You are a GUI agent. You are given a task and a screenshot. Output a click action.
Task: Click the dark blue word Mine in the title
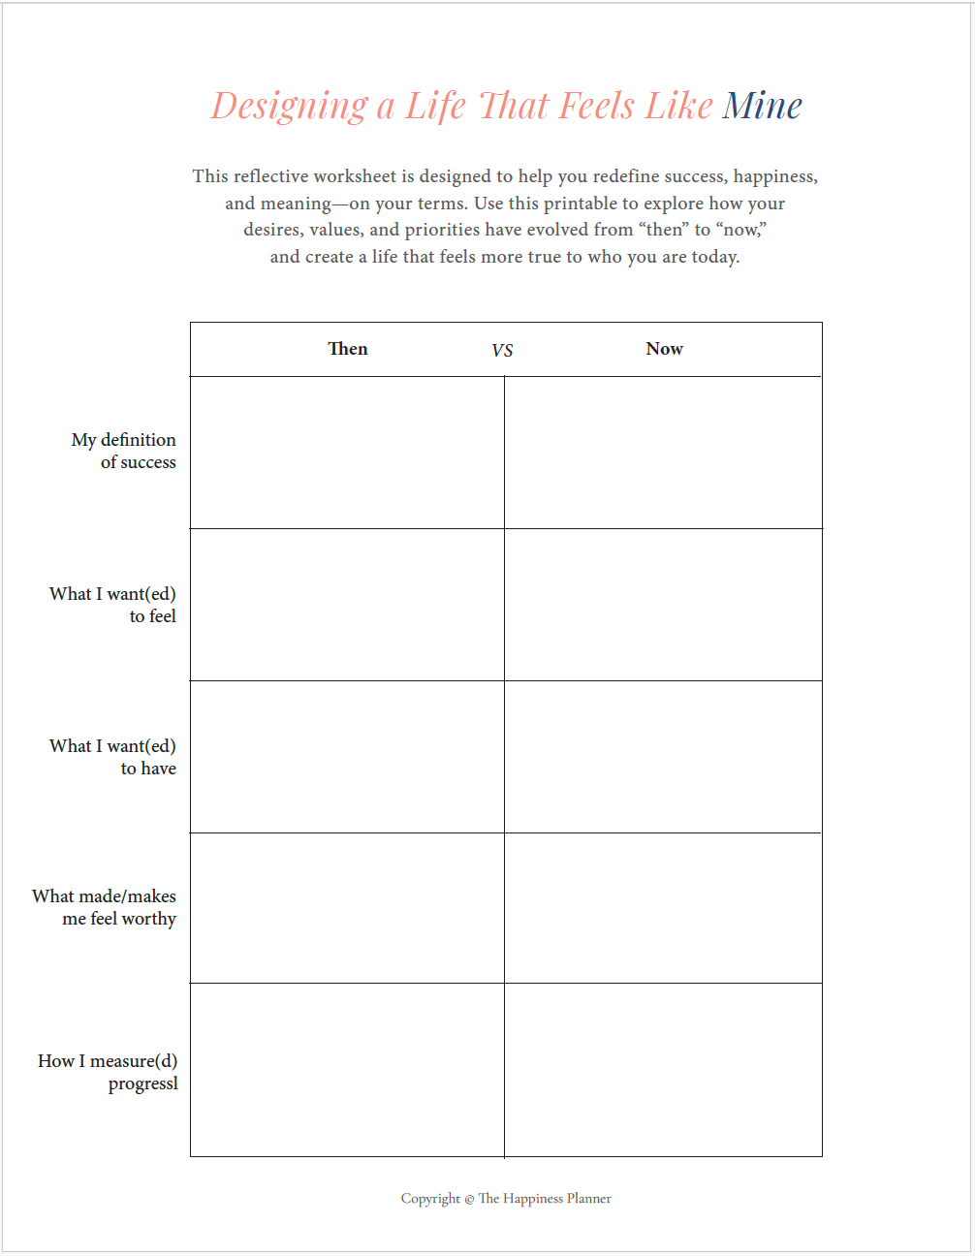click(762, 106)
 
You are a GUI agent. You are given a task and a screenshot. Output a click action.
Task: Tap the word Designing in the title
click(290, 107)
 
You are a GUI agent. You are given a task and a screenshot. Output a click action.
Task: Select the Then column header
click(348, 349)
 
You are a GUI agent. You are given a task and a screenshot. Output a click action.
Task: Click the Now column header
click(664, 349)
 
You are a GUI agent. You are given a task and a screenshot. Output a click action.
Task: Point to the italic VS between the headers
click(502, 350)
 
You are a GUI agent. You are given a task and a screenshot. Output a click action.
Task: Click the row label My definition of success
click(124, 452)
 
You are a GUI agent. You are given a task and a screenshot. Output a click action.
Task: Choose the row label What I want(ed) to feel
click(113, 605)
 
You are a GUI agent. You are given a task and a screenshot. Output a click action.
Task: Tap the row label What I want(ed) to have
click(113, 757)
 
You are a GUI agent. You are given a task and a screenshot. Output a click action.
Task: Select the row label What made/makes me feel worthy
click(105, 907)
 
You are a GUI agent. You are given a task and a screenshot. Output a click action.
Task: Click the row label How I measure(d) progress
click(109, 1072)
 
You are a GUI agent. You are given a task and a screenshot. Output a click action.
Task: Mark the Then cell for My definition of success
click(347, 453)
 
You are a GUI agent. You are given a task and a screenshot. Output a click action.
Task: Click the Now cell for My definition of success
click(663, 453)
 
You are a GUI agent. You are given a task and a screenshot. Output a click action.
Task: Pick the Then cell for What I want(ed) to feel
click(347, 605)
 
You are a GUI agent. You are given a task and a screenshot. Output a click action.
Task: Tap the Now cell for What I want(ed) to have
click(663, 757)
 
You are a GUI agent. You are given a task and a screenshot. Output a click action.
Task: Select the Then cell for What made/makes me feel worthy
click(347, 908)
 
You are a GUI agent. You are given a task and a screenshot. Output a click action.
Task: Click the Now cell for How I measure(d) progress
click(663, 1070)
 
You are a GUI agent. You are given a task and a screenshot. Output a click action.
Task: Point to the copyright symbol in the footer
click(469, 1200)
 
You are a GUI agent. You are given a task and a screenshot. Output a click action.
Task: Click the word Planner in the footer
click(589, 1199)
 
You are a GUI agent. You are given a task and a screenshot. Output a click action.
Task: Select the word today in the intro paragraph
click(714, 257)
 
